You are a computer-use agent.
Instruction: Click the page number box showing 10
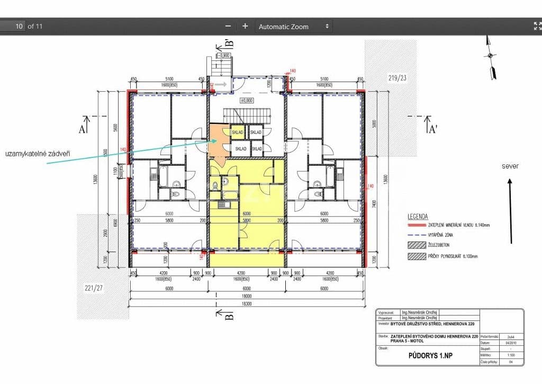point(13,26)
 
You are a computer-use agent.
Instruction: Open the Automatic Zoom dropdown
point(293,26)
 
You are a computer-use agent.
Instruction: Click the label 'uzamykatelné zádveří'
point(38,154)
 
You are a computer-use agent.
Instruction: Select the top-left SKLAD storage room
point(237,132)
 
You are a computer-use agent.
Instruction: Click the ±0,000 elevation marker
point(247,100)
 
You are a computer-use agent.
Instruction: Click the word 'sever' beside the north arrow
point(510,166)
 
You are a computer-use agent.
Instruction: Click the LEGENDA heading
point(418,217)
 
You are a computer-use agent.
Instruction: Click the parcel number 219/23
point(398,78)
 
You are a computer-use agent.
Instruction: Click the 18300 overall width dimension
point(247,305)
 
